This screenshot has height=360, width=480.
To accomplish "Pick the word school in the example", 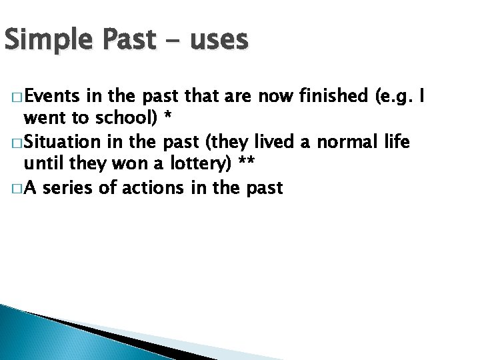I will pyautogui.click(x=125, y=119).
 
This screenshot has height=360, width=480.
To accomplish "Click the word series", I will pyautogui.click(x=72, y=188).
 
